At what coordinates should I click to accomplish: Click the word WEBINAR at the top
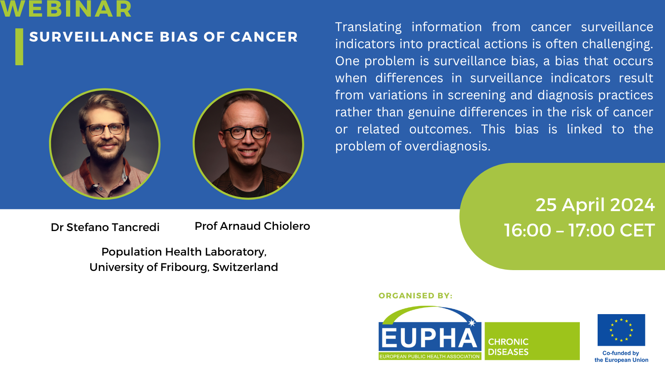[x=66, y=9]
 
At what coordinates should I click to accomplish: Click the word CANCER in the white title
[x=264, y=37]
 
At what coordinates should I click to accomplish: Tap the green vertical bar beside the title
[x=19, y=47]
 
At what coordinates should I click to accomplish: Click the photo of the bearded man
[x=105, y=144]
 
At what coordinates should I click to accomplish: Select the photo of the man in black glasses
[x=248, y=144]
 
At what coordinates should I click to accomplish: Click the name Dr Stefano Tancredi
[x=105, y=227]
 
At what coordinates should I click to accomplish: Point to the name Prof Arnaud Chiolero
[x=252, y=226]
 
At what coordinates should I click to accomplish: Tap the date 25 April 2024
[x=595, y=205]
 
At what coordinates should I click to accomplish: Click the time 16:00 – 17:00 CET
[x=579, y=230]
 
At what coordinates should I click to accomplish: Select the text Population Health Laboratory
[x=184, y=252]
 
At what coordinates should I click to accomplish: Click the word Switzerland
[x=245, y=267]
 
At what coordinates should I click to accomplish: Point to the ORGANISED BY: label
[x=415, y=295]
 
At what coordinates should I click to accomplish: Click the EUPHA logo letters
[x=429, y=338]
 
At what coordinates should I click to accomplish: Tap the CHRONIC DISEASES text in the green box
[x=508, y=347]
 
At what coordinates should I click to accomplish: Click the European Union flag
[x=621, y=330]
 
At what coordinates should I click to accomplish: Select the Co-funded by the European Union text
[x=621, y=357]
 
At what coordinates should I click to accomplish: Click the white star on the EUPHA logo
[x=472, y=322]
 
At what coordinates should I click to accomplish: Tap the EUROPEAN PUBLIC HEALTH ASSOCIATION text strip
[x=430, y=357]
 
